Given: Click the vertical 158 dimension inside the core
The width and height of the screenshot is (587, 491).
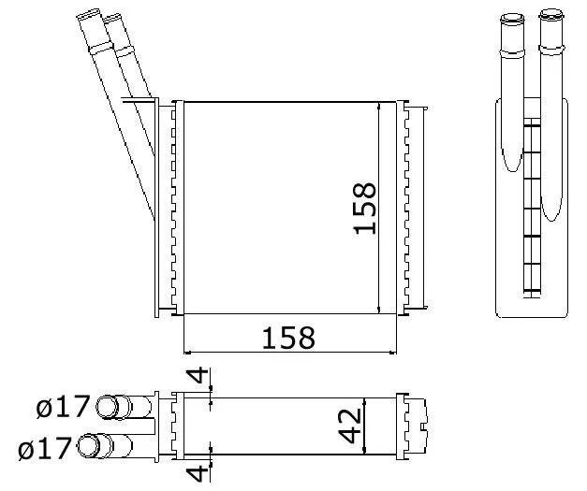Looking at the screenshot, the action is (x=364, y=209).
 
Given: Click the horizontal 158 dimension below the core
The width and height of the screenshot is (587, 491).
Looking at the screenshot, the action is (x=288, y=338).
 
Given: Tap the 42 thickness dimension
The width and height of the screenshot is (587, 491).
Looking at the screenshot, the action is (x=349, y=426).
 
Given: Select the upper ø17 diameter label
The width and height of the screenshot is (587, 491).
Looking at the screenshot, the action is (x=64, y=406).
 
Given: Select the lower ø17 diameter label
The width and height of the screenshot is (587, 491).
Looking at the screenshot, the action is (x=45, y=448).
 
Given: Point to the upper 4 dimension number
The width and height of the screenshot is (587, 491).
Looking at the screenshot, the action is (x=198, y=375).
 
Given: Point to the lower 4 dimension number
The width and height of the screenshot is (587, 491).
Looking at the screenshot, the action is (x=198, y=473).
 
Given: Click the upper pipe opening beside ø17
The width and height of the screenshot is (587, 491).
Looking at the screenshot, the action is (x=108, y=407).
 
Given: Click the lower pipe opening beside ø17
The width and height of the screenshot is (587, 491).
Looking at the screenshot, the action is (x=88, y=445).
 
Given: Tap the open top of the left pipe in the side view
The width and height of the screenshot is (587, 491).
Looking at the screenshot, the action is (x=512, y=18).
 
